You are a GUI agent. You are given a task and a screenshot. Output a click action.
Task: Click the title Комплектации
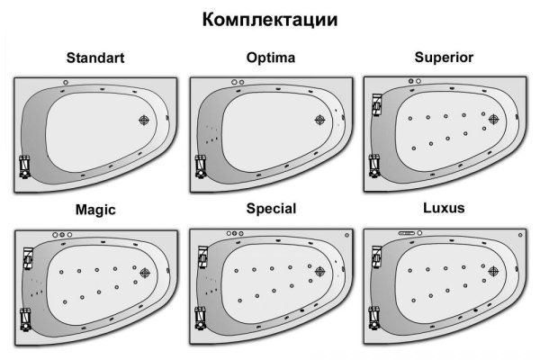point(270,20)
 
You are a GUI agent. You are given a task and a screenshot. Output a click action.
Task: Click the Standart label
point(95,58)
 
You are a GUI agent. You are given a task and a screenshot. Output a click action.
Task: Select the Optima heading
point(271,58)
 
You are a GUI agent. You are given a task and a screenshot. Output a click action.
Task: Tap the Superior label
point(444,58)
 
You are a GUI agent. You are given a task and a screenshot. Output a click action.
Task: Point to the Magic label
point(95,210)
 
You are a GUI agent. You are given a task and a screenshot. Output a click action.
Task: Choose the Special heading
point(271,209)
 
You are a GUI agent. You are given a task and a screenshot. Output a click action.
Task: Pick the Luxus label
point(444,208)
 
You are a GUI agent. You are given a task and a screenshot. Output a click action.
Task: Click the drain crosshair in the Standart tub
point(144,120)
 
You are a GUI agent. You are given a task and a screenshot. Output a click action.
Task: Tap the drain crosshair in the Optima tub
point(319,120)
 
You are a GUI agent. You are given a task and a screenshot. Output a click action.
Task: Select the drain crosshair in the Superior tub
point(493,119)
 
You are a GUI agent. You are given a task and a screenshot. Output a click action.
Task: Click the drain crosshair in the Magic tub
point(145,273)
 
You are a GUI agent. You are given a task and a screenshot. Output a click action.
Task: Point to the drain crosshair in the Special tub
point(319,271)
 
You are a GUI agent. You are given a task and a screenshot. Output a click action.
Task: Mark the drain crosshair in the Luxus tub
point(493,271)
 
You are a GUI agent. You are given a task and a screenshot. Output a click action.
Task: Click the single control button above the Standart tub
point(66,82)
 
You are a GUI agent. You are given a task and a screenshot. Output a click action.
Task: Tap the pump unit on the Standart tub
point(24,166)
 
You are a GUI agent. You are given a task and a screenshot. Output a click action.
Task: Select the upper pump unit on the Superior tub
point(377,104)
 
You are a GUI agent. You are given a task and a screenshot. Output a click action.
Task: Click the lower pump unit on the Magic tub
point(25,319)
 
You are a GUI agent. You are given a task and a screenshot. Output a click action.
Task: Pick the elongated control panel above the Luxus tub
point(407,233)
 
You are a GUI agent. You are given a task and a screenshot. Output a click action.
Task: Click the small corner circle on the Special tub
point(346,235)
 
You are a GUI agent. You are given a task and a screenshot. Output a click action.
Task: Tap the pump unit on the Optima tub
point(201,166)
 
